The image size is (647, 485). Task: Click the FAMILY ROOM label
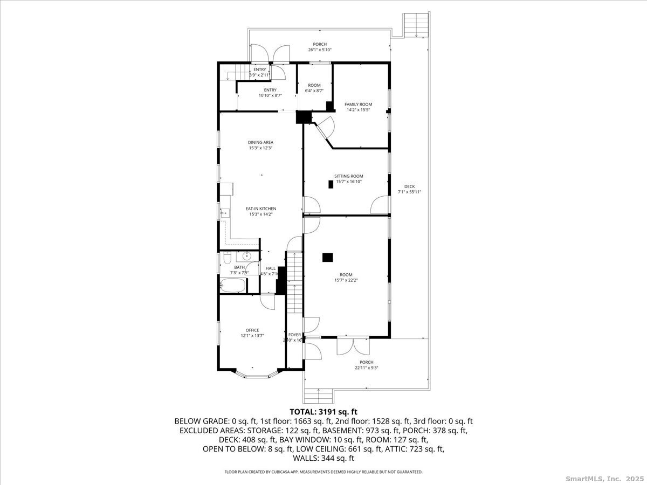[x=358, y=104]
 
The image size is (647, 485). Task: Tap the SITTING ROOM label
[x=348, y=176]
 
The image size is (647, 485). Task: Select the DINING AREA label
[x=260, y=142]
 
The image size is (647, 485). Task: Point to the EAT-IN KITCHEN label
[x=261, y=209]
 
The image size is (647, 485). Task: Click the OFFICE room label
[x=252, y=330]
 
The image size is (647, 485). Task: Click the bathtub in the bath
[x=233, y=286]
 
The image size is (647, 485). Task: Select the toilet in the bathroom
[x=223, y=261]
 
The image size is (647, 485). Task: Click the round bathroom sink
[x=247, y=257]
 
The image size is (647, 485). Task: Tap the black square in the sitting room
[x=331, y=184]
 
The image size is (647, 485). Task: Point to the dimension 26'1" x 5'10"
[x=320, y=50]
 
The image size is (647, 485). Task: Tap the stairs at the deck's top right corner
[x=416, y=24]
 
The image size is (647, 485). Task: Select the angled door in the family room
[x=325, y=128]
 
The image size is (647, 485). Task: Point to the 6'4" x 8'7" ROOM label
[x=314, y=85]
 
